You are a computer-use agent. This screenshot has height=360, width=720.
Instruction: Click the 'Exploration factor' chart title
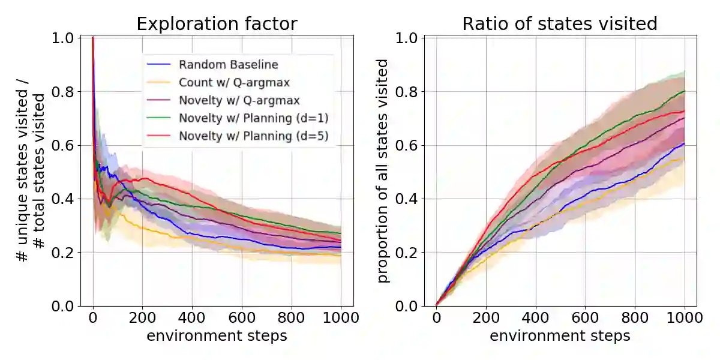point(217,23)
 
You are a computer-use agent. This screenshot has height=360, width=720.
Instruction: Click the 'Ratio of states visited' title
point(560,23)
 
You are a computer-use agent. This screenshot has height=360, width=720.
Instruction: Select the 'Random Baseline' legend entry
point(229,64)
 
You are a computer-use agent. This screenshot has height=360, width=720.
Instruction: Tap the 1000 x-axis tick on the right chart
point(685,318)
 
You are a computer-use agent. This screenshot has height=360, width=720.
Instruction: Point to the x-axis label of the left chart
point(217,335)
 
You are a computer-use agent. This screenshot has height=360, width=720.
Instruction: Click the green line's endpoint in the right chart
point(685,91)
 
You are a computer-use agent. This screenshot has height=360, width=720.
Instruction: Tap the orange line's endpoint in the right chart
point(685,158)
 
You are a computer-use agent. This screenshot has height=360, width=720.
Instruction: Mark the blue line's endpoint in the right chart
point(685,144)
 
